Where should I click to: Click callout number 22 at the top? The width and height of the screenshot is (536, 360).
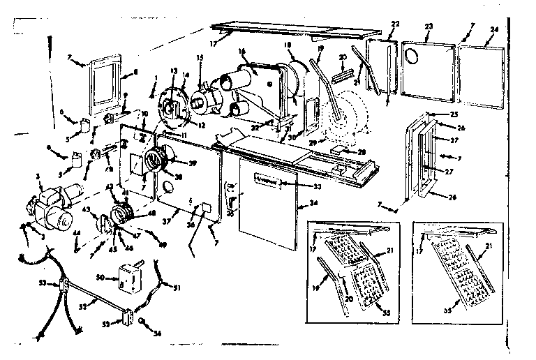[395, 24]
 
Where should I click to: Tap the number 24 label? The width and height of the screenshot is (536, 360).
[495, 30]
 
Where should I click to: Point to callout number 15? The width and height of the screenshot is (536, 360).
[200, 58]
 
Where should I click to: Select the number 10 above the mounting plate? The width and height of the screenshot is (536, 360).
[144, 114]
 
